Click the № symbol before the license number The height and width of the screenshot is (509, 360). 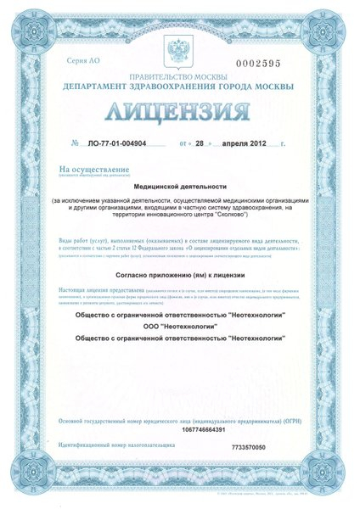[x=76, y=144]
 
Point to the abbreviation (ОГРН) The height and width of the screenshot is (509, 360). [x=284, y=419]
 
